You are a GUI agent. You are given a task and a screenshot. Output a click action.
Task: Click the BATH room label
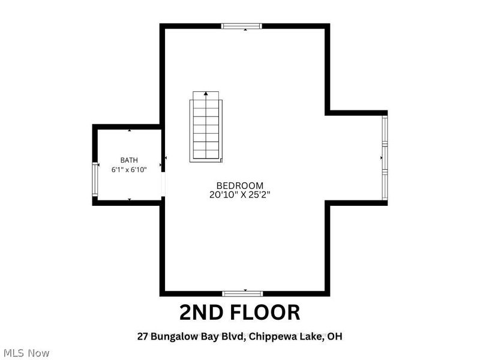tap(129, 160)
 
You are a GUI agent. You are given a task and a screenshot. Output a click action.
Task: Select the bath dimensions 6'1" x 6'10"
tap(129, 170)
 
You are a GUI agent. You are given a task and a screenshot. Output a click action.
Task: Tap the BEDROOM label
tap(239, 185)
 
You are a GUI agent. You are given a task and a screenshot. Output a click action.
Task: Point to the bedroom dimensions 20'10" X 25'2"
tap(239, 194)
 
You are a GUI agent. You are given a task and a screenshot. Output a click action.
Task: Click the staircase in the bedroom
tap(206, 127)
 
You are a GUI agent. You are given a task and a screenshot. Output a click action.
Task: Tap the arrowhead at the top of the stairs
tap(206, 93)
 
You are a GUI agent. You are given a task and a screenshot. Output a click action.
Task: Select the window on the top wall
tap(242, 26)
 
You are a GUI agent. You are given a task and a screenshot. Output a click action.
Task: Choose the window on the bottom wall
tap(242, 294)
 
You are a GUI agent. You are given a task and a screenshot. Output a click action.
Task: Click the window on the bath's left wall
tap(95, 179)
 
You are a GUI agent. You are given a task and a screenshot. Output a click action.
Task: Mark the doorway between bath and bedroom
tap(163, 184)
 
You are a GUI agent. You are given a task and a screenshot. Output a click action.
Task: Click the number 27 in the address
tap(142, 337)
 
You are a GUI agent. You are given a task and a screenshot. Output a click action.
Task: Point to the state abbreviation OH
tap(335, 337)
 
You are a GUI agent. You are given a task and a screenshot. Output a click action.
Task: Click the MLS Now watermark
tap(26, 353)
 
